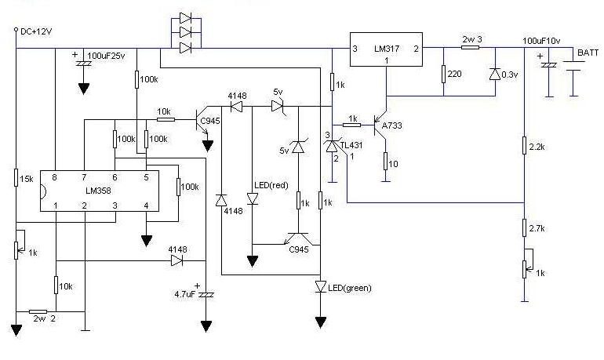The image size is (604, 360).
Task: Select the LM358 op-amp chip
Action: (100, 191)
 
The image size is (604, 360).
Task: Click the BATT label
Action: (588, 53)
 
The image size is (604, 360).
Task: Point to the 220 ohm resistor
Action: (443, 75)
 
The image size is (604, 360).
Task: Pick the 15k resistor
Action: (16, 180)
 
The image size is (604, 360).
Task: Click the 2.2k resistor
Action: (524, 147)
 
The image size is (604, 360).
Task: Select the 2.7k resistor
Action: (524, 228)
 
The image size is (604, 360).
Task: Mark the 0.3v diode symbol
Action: (495, 75)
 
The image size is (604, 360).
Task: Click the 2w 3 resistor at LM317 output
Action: (470, 47)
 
